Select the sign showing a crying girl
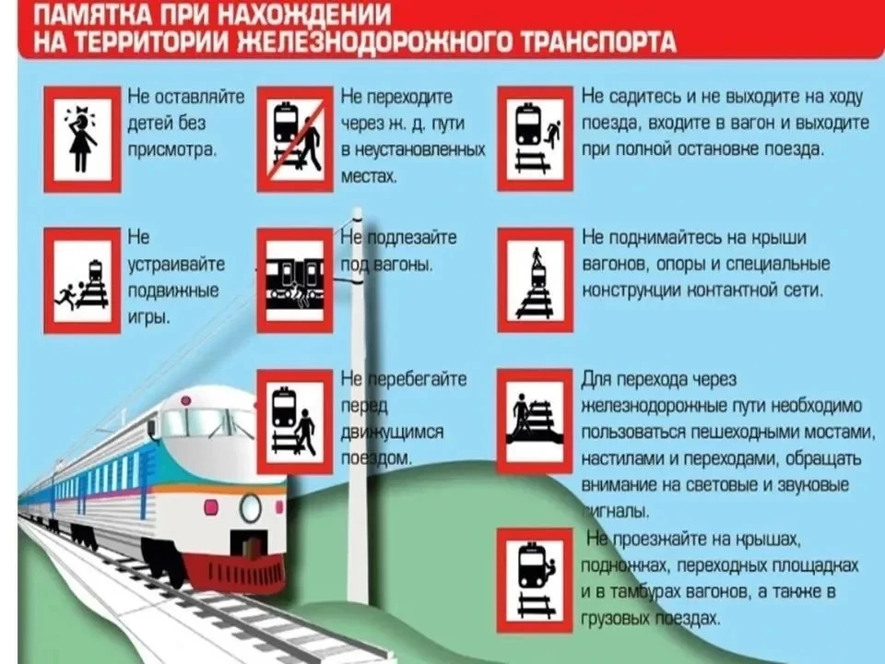click(82, 139)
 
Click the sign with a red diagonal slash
click(295, 139)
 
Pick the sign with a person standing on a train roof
click(536, 280)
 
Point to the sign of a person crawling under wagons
click(295, 280)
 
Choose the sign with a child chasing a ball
click(82, 280)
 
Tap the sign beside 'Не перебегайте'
click(295, 422)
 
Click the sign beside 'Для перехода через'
click(535, 421)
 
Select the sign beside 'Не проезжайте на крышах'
click(535, 580)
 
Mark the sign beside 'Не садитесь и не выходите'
click(536, 139)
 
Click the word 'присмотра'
click(172, 150)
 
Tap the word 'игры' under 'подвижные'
click(148, 318)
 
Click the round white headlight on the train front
click(250, 507)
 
